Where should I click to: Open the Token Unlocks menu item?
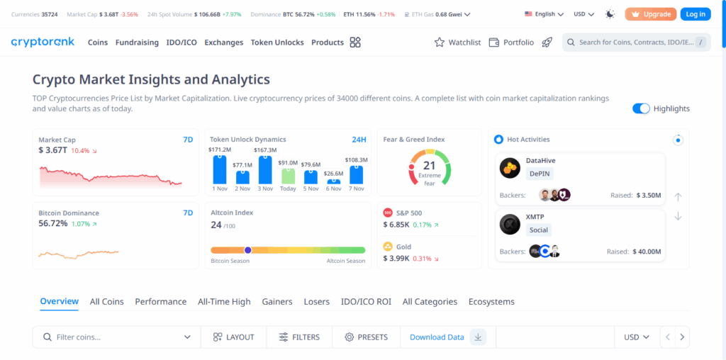pos(277,43)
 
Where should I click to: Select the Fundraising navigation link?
pos(137,43)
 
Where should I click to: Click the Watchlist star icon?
pos(440,43)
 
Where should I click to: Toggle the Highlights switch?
pos(641,108)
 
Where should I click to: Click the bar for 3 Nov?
pos(265,169)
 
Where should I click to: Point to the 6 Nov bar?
pos(333,181)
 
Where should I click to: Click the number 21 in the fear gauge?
pos(430,166)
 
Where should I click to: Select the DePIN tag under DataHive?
pos(540,173)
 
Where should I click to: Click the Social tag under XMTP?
pos(538,230)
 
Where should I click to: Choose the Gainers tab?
pos(277,302)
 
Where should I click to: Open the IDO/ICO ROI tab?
pos(366,302)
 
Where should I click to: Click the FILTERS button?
pos(299,337)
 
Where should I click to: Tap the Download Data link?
pos(437,337)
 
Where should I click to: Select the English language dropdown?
pos(544,14)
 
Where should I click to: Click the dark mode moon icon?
pos(610,14)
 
